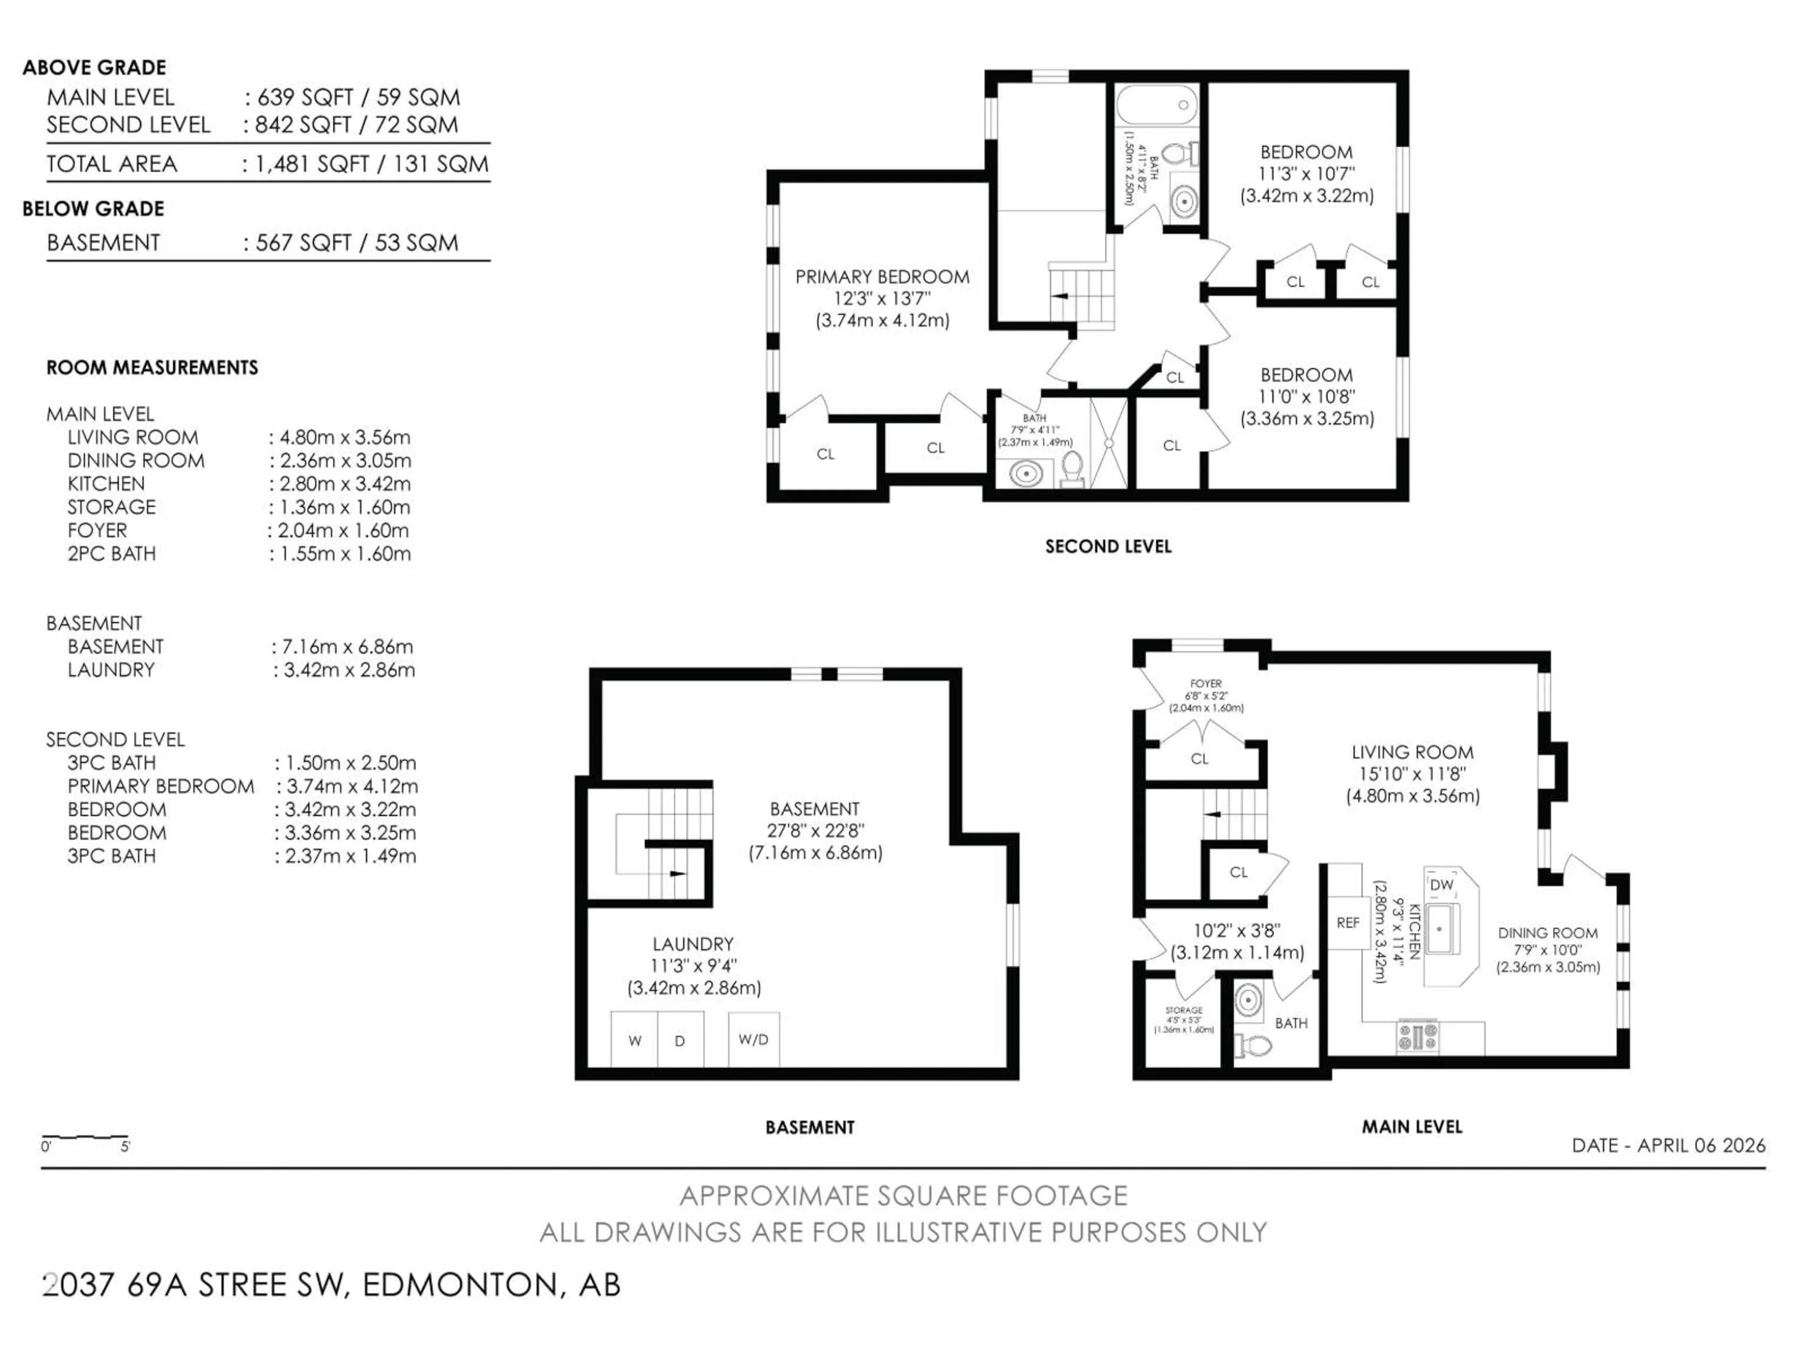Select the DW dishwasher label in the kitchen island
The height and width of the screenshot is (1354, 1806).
coord(1442,885)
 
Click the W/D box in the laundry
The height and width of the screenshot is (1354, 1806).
coord(753,1039)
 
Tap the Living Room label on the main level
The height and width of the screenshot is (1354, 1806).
coord(1412,753)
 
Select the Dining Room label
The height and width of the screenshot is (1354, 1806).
coord(1547,933)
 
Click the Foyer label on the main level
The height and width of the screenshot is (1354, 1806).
coord(1206,684)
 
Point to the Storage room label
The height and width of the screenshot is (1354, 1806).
coord(1184,1010)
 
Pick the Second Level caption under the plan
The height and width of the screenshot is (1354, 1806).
coord(1108,547)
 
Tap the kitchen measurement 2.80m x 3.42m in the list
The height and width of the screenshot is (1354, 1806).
coord(345,484)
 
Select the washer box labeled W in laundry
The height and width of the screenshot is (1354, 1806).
coord(634,1039)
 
